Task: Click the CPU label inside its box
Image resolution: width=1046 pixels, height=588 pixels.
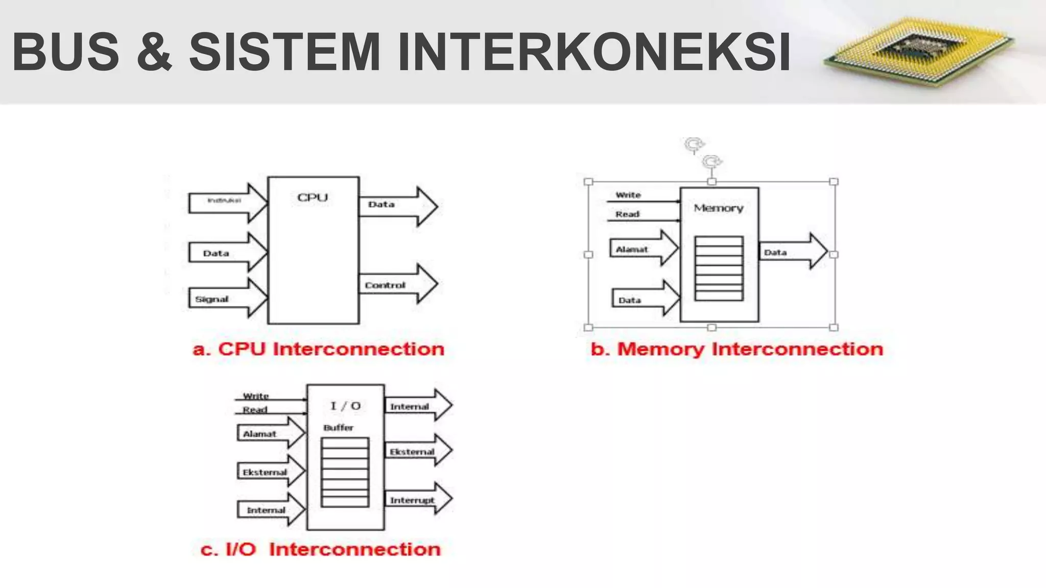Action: [x=313, y=198]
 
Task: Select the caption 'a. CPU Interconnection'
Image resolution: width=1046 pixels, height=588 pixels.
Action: [x=318, y=349]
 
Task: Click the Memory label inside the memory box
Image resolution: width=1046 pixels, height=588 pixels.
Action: [x=718, y=208]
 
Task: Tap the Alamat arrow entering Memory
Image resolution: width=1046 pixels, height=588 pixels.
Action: [x=643, y=249]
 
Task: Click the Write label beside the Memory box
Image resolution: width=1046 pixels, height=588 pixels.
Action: [x=628, y=195]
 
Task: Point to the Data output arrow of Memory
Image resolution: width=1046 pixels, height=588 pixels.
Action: [x=792, y=252]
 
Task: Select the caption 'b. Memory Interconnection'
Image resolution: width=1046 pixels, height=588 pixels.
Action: [x=736, y=349]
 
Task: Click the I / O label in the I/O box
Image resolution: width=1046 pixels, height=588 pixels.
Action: [x=345, y=406]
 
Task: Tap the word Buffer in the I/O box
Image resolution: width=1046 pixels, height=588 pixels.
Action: [x=338, y=428]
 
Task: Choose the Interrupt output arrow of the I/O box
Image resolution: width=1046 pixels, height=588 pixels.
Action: [x=417, y=499]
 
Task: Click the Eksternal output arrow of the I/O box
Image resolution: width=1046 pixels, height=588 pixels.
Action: [x=417, y=451]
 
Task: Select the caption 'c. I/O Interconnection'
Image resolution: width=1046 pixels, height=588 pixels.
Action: [x=320, y=550]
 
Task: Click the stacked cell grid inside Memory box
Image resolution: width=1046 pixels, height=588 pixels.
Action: [x=719, y=268]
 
